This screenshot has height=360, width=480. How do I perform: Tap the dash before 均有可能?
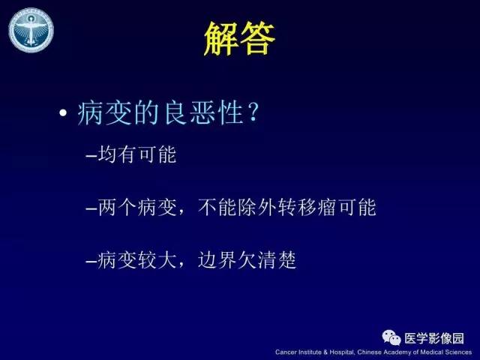[x=91, y=157]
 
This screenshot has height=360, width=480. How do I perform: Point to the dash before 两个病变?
[x=91, y=209]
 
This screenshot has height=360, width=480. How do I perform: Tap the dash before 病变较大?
[x=91, y=261]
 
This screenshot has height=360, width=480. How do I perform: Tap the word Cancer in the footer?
[x=287, y=352]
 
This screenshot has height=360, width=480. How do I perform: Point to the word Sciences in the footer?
[x=457, y=352]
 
